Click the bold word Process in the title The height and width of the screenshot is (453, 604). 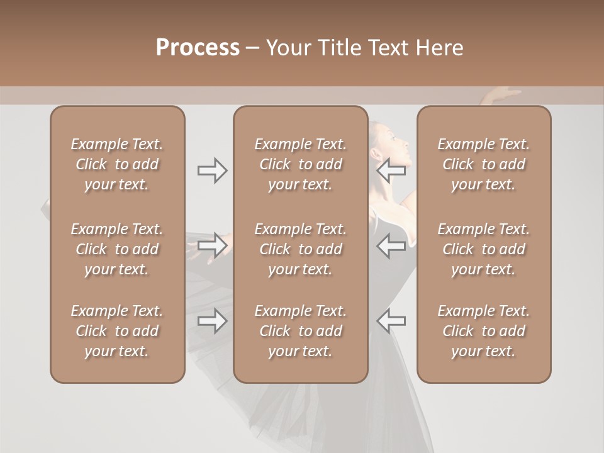point(198,48)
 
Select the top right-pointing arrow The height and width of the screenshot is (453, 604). point(212,171)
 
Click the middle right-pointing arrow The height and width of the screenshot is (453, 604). point(212,245)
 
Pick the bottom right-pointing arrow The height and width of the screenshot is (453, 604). point(212,321)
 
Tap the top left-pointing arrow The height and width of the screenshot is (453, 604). point(391,171)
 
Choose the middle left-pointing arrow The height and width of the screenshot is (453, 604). point(391,245)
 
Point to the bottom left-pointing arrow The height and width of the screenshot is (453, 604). point(391,321)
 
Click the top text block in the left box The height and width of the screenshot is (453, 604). point(117,164)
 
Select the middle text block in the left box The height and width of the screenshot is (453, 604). point(117,249)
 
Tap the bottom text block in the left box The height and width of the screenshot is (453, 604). point(117,331)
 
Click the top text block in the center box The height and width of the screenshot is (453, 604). point(301,164)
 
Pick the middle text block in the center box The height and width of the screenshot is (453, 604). point(301,249)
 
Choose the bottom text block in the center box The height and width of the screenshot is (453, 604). point(301,331)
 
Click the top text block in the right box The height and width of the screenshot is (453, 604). point(484,164)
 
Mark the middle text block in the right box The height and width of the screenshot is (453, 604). point(484,249)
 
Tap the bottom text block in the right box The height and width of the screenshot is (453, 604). point(484,331)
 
